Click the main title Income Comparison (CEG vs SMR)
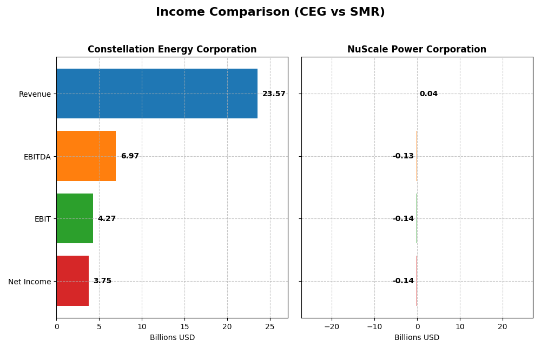point(270,12)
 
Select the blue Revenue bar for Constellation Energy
point(157,94)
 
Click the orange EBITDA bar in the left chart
point(86,156)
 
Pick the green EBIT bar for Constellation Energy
point(75,218)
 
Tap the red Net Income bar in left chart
point(72,281)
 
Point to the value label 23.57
point(274,94)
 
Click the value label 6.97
point(130,156)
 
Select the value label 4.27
point(107,219)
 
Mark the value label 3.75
point(102,281)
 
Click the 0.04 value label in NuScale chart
point(428,94)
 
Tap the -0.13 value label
point(403,156)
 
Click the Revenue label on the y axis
point(35,94)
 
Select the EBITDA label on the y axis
point(37,157)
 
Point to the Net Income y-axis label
point(29,282)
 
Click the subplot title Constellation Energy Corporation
point(172,50)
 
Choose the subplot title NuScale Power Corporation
point(417,50)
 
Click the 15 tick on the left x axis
point(184,326)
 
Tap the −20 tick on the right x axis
point(331,326)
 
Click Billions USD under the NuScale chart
point(417,338)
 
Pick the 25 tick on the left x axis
point(270,326)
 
